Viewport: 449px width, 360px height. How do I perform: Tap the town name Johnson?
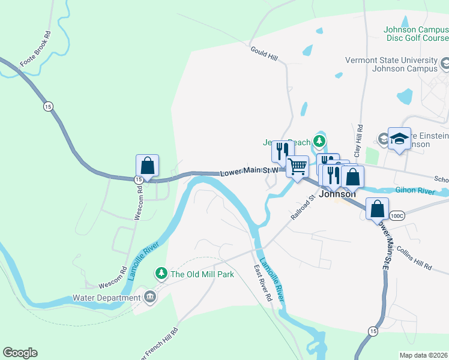point(337,194)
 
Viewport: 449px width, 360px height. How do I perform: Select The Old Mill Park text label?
point(202,274)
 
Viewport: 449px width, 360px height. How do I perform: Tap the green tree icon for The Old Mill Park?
point(161,274)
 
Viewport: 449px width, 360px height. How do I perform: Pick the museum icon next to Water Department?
point(149,296)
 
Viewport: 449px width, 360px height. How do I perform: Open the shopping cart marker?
point(298,166)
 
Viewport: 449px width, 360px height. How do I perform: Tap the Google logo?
point(20,353)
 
